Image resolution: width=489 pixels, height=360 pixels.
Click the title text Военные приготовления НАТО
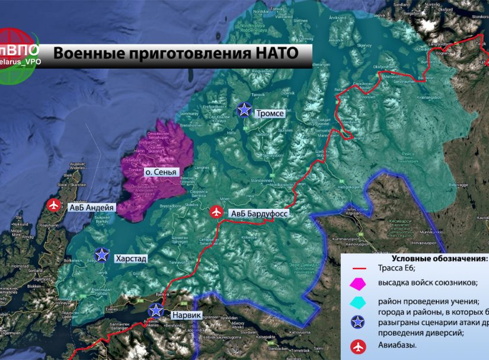pos(175,53)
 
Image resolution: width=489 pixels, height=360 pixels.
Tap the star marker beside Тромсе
pos(244,109)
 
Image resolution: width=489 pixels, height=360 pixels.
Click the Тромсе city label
pos(271,113)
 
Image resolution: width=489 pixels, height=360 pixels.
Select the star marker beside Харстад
pos(102,254)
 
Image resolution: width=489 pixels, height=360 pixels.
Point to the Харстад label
pos(131,259)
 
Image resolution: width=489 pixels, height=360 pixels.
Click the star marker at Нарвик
pos(156,310)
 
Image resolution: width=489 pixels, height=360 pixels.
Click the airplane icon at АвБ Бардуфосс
pos(217,211)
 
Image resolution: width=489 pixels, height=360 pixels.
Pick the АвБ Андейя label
pos(91,208)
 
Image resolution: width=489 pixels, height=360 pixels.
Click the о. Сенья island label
pos(161,173)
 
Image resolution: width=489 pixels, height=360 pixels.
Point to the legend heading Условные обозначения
pos(440,259)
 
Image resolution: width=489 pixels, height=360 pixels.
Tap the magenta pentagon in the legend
pos(358,283)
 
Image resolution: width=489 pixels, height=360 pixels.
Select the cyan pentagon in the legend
pos(358,302)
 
